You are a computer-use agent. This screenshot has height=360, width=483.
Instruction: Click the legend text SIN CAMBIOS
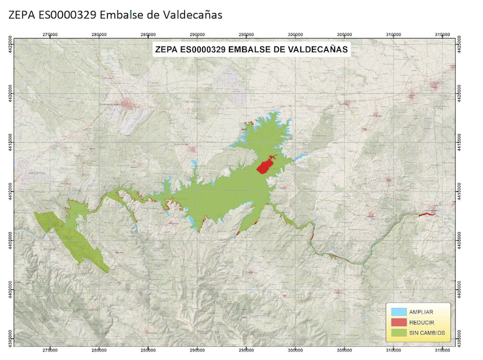coord(427,333)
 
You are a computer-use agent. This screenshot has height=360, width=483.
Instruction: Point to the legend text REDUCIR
coord(423,322)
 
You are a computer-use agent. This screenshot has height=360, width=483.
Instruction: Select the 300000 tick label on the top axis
coord(296,35)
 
